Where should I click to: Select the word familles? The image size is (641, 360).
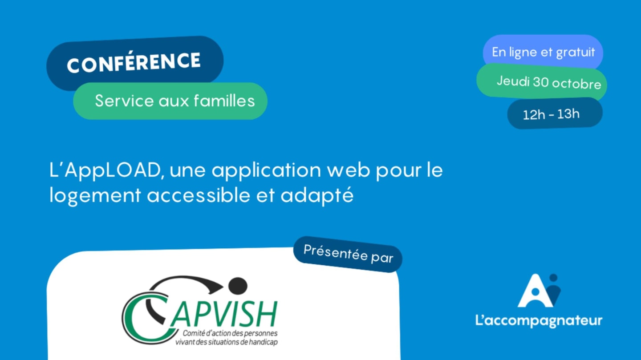point(224,101)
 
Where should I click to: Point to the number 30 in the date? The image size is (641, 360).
point(540,82)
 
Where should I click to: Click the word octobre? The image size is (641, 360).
point(576,84)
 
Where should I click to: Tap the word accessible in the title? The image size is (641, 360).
point(199,195)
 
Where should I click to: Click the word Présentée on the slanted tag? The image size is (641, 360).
point(335,252)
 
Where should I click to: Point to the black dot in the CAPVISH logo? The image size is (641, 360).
point(238,286)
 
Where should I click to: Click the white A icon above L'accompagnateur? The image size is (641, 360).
point(535,292)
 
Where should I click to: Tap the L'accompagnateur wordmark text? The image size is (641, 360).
point(539,321)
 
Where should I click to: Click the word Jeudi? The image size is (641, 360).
point(513,81)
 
